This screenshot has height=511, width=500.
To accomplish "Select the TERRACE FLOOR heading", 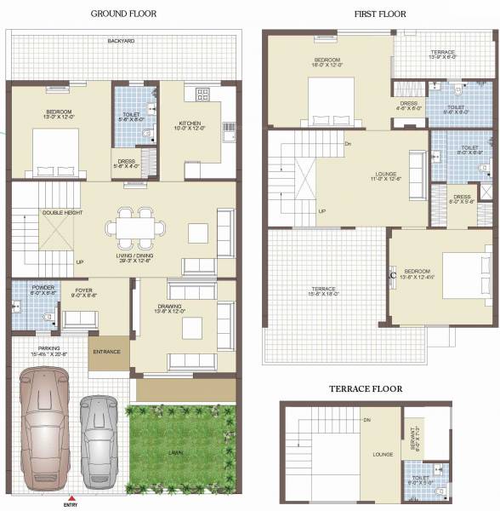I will pyautogui.click(x=366, y=388).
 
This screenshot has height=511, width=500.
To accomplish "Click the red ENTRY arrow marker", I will pyautogui.click(x=71, y=497).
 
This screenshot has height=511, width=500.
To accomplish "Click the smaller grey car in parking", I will pyautogui.click(x=99, y=434).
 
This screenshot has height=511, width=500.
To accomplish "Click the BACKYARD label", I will pyautogui.click(x=122, y=40).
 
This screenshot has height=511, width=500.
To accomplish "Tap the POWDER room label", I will pyautogui.click(x=43, y=288).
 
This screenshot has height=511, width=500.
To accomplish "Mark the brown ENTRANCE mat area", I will pyautogui.click(x=107, y=351).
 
